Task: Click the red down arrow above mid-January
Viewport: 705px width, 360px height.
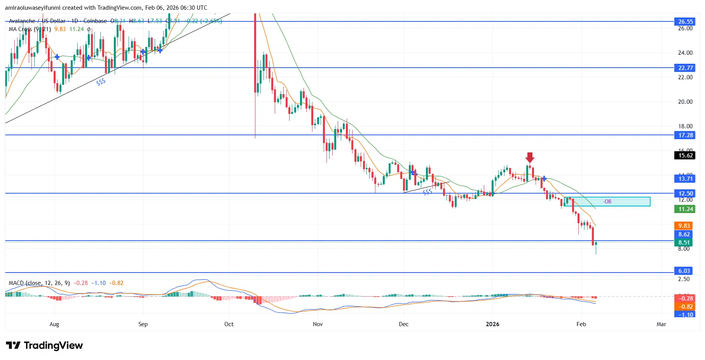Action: tap(530, 157)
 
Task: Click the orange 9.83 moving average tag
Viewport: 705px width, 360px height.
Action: tap(684, 226)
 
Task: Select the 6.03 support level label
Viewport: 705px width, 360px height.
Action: tap(684, 271)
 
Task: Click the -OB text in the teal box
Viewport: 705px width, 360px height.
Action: tap(607, 201)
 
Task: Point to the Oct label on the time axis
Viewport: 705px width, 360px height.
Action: tap(229, 324)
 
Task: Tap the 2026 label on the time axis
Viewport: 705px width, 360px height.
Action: tap(492, 324)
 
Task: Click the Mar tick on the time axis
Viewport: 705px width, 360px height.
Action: tap(661, 324)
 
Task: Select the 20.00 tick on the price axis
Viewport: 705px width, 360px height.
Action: tap(685, 102)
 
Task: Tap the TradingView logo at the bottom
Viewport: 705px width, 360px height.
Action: tap(44, 346)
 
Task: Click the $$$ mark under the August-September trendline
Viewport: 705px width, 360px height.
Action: tap(101, 82)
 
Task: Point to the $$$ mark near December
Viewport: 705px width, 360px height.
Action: tap(427, 192)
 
